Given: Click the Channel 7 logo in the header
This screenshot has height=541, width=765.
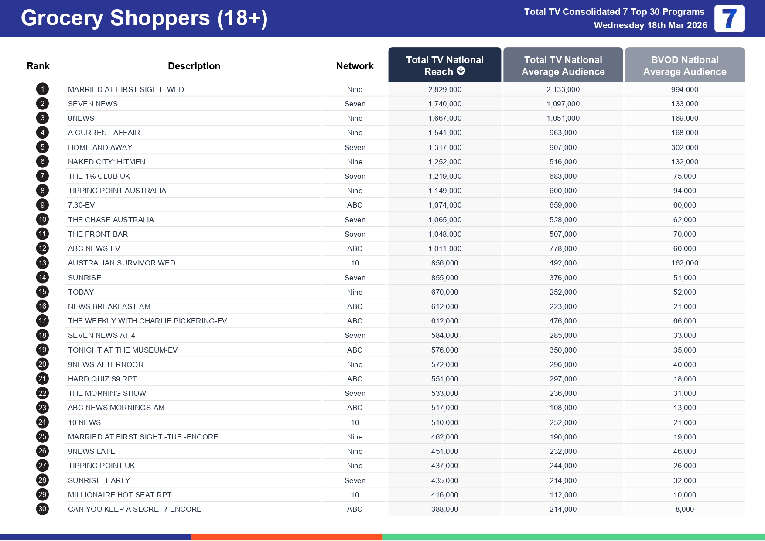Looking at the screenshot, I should click(x=729, y=19).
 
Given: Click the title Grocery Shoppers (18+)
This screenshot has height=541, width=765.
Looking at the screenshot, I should click(x=144, y=18).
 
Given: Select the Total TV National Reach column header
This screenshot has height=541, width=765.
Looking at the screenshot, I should click(x=444, y=65).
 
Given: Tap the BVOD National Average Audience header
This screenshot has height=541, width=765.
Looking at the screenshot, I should click(x=684, y=65).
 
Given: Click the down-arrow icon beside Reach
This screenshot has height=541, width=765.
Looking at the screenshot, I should click(x=461, y=71).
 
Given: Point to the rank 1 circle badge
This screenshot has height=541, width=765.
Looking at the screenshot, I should click(x=42, y=89).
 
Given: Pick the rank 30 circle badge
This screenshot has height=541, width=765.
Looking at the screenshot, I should click(x=42, y=509).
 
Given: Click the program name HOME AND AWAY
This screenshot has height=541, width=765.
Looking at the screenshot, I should click(x=100, y=147).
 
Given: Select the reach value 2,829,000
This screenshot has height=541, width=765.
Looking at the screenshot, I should click(x=444, y=89).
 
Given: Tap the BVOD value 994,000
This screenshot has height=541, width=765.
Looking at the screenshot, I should click(x=684, y=89).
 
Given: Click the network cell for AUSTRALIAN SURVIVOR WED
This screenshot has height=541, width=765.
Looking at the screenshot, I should click(x=355, y=263).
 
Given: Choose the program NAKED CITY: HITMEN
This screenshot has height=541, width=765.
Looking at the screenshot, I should click(x=106, y=162).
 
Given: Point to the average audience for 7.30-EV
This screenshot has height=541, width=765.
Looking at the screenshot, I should click(x=563, y=205).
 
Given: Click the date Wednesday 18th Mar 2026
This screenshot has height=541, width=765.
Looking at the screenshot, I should click(x=650, y=25).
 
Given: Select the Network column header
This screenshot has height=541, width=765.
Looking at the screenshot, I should click(x=355, y=66).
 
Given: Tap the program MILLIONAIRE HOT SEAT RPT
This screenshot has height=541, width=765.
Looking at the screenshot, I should click(x=120, y=495).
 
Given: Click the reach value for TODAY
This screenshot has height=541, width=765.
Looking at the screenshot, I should click(x=444, y=292).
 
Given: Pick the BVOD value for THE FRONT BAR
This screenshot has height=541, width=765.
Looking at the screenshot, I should click(x=684, y=234).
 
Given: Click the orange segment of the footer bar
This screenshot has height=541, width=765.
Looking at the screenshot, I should click(x=287, y=537).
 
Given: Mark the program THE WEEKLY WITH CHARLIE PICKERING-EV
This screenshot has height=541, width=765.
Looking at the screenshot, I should click(x=147, y=321).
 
